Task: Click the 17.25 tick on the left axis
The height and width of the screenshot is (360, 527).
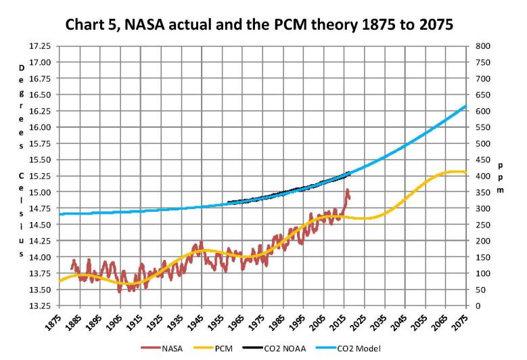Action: (x=39, y=46)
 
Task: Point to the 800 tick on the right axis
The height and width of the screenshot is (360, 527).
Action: (x=482, y=46)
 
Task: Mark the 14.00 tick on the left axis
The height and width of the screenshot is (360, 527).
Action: (x=39, y=257)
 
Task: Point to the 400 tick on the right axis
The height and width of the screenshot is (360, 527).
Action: (x=482, y=176)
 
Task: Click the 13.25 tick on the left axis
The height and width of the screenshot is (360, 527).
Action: (x=39, y=306)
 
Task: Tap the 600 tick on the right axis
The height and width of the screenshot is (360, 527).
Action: (x=482, y=111)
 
